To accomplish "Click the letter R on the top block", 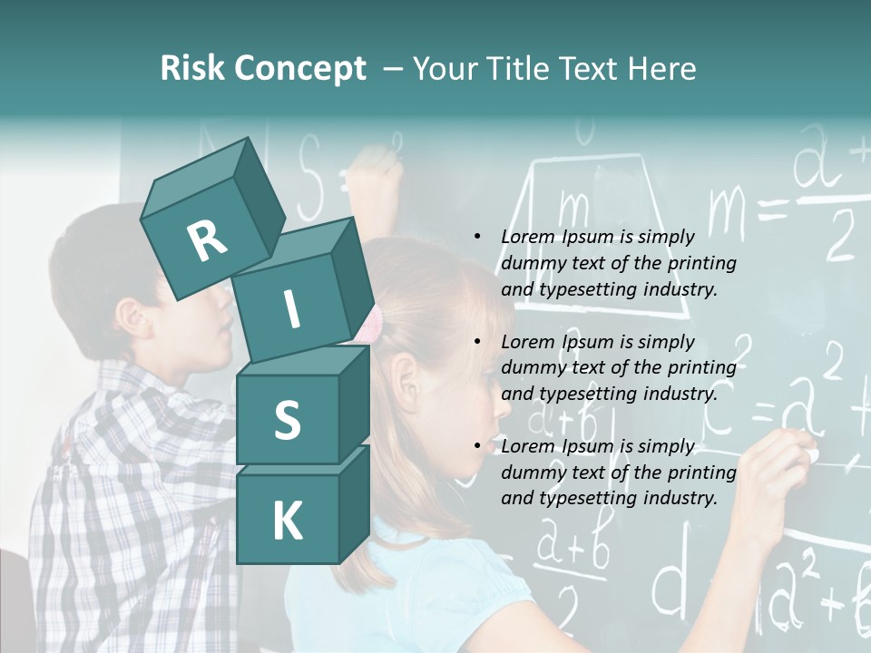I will click(x=207, y=240).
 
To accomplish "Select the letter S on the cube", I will click(x=287, y=420).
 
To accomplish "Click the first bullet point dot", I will click(x=477, y=237).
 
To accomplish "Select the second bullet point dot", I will click(x=477, y=342).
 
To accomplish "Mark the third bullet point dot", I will click(x=477, y=446).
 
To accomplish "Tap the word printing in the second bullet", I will click(x=701, y=367).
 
